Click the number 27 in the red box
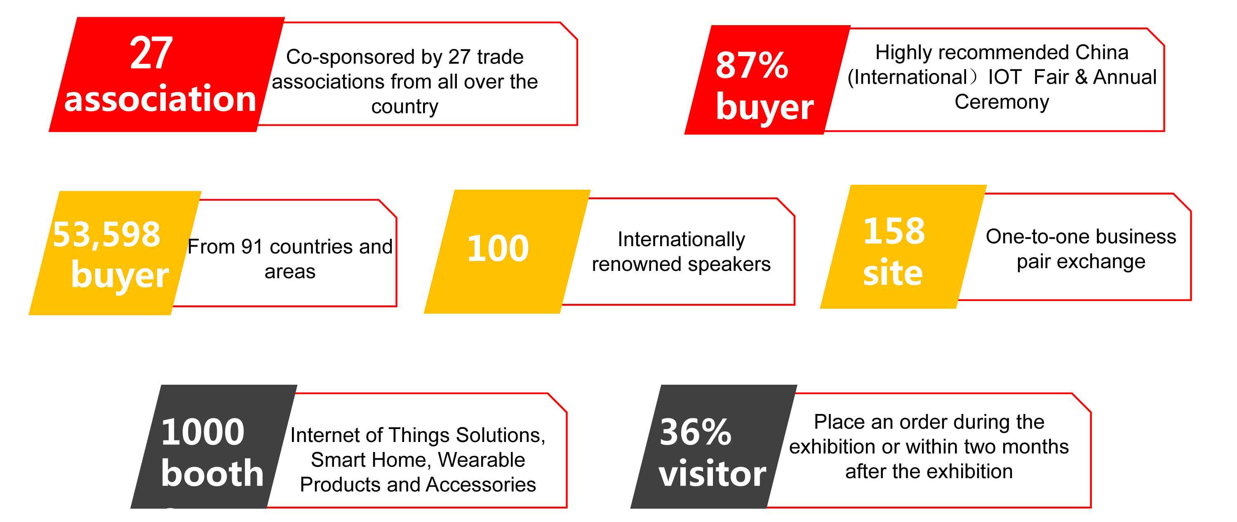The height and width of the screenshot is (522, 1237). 151,53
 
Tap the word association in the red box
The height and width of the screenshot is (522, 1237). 160,99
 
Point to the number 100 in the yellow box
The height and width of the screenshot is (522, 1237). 498,248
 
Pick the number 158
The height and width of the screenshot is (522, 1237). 894,231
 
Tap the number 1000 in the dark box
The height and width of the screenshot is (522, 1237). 202,432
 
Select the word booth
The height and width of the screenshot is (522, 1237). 212,473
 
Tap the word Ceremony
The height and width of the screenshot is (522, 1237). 1002,102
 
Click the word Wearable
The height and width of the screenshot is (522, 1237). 481,460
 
